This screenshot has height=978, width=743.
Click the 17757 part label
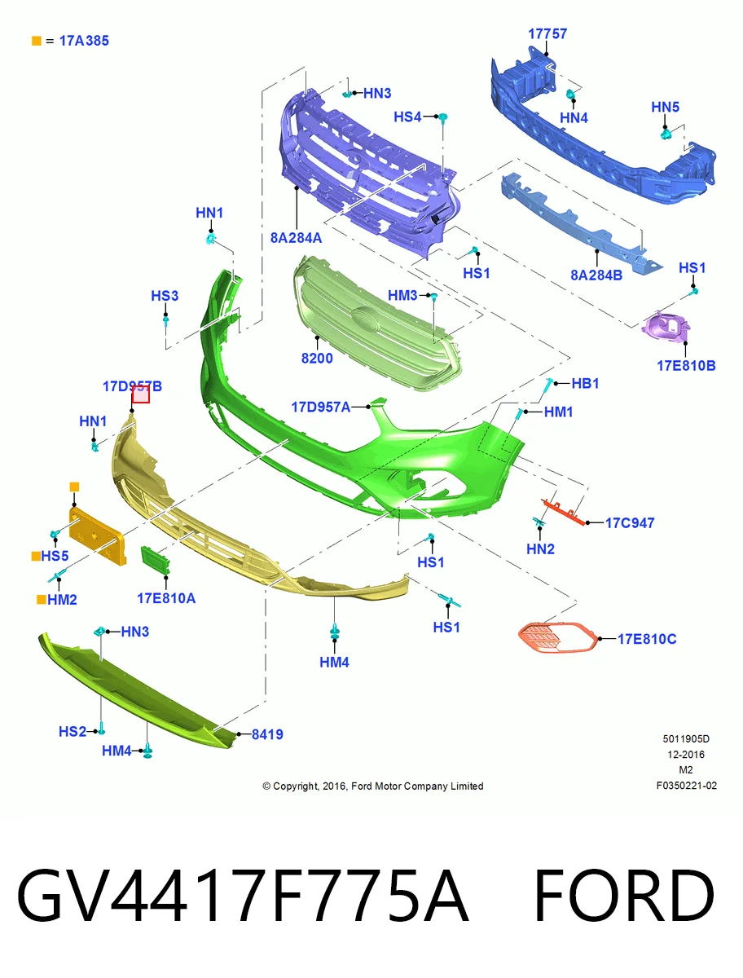(x=547, y=34)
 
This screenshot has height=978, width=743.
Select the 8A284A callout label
(x=296, y=238)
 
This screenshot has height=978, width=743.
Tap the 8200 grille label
(x=317, y=359)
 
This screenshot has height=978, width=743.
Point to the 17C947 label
(x=630, y=522)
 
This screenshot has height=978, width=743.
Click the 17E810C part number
(x=647, y=639)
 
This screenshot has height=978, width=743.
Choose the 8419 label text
(x=267, y=734)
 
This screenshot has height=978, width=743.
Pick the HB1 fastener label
(x=585, y=383)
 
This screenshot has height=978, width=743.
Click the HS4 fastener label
(x=407, y=117)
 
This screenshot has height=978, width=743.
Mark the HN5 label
(x=665, y=107)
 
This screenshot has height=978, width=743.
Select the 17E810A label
(x=166, y=598)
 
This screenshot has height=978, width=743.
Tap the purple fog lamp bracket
(x=666, y=328)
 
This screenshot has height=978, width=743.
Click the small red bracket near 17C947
(x=564, y=512)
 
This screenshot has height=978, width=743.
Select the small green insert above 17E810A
(x=155, y=560)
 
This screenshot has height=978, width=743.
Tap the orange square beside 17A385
(x=37, y=41)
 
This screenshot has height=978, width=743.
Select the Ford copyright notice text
(x=373, y=786)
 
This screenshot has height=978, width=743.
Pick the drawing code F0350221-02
(x=687, y=785)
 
